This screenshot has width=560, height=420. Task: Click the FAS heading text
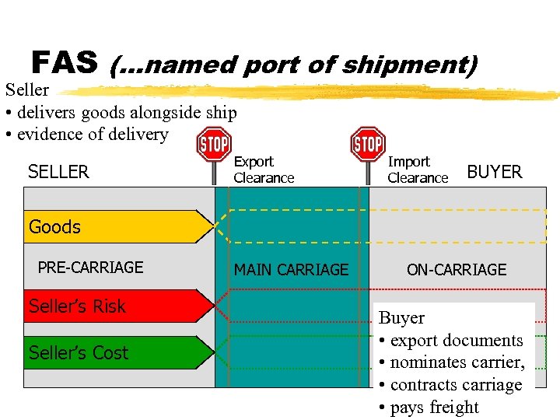pyautogui.click(x=65, y=61)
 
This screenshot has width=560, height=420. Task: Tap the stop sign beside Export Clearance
pyautogui.click(x=214, y=145)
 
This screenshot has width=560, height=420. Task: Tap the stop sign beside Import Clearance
pyautogui.click(x=368, y=144)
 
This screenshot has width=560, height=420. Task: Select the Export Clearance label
pyautogui.click(x=264, y=170)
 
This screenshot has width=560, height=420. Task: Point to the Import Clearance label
pyautogui.click(x=418, y=170)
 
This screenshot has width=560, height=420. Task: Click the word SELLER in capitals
pyautogui.click(x=58, y=172)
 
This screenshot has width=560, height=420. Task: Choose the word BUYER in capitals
pyautogui.click(x=494, y=172)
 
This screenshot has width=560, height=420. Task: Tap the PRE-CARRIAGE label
pyautogui.click(x=90, y=268)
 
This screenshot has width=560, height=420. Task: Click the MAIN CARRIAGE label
pyautogui.click(x=291, y=270)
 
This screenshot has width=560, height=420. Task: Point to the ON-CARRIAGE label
pyautogui.click(x=456, y=270)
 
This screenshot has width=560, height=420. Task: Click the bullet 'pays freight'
pyautogui.click(x=434, y=407)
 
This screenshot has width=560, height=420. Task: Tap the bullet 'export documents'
pyautogui.click(x=457, y=341)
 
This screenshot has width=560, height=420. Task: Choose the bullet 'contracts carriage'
pyautogui.click(x=456, y=385)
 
